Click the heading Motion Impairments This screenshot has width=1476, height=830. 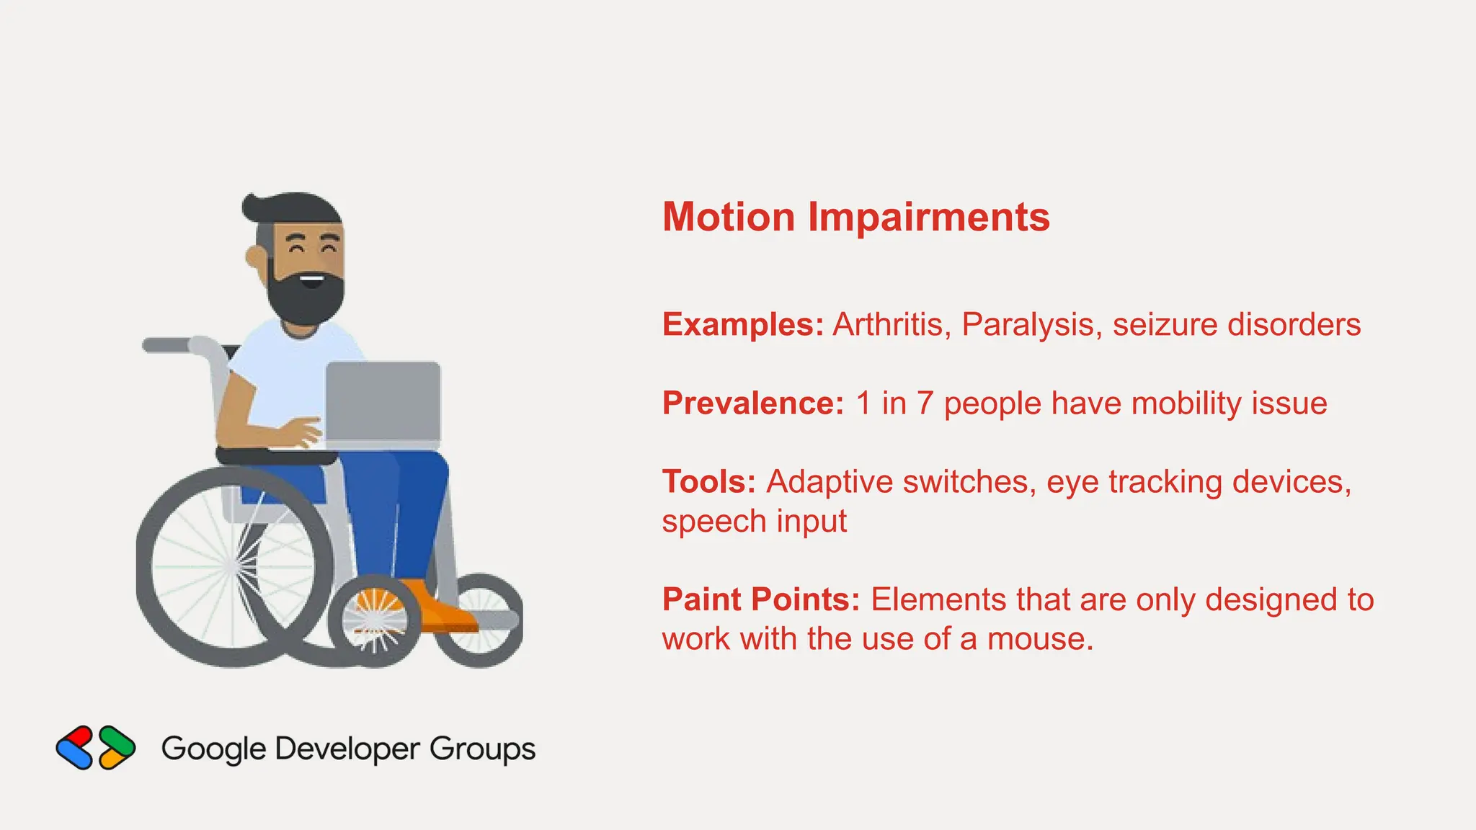pos(855,217)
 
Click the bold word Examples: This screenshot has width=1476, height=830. pos(742,325)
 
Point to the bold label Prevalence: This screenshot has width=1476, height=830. pos(752,403)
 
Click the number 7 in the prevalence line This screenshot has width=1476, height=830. pos(925,403)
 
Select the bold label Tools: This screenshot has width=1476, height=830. pos(708,482)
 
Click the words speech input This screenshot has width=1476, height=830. pos(754,521)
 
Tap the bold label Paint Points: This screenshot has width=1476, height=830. pos(760,599)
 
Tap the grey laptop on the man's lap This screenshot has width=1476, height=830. pos(383,403)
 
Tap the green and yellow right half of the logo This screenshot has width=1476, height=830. pos(117,748)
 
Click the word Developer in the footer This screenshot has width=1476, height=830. pos(347,749)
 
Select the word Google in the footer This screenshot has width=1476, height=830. pos(213,749)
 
